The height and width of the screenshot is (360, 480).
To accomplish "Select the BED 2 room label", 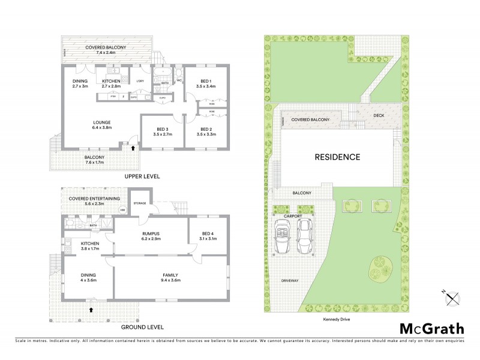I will [x=205, y=132].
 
